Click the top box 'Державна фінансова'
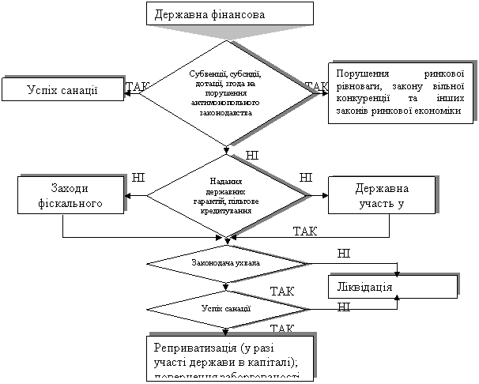pyautogui.click(x=229, y=14)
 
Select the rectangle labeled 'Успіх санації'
pyautogui.click(x=62, y=88)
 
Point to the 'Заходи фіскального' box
pyautogui.click(x=74, y=194)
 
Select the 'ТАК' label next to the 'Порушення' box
pyautogui.click(x=316, y=86)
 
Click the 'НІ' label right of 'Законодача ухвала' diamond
pyautogui.click(x=343, y=254)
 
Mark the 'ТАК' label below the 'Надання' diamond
pyautogui.click(x=305, y=231)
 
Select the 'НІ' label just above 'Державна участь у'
pyautogui.click(x=305, y=179)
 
